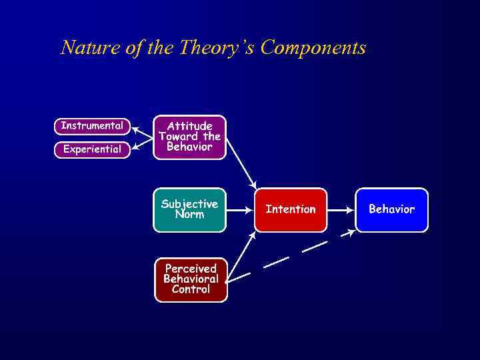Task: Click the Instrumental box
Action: pos(92,125)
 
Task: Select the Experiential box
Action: pos(92,149)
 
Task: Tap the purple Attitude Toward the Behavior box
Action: pos(189,137)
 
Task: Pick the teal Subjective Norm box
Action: pos(189,209)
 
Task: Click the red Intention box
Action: pos(291,209)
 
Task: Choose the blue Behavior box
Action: pos(391,209)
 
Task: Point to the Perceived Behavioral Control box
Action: pos(191,279)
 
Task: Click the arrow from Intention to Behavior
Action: pos(341,209)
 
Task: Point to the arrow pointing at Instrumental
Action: pos(141,131)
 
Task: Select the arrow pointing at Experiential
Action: pos(141,143)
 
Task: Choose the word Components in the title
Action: pos(313,48)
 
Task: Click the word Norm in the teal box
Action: pos(189,215)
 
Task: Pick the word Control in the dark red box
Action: pos(191,289)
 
